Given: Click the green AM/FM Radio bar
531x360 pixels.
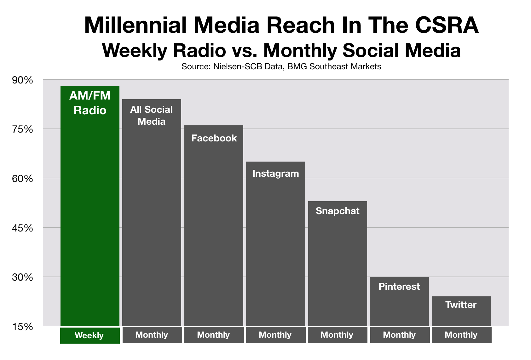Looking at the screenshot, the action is click(90, 206).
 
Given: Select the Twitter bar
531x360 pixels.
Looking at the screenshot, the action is click(461, 311).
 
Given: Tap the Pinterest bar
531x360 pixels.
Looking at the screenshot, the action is click(400, 301).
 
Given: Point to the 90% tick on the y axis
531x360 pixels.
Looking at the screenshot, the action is click(22, 80).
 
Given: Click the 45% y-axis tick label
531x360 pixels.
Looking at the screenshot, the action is click(22, 228).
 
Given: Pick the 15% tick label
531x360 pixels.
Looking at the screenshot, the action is click(22, 327).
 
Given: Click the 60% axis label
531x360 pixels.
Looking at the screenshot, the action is click(22, 179).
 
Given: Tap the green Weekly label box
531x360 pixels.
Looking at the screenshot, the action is click(90, 335).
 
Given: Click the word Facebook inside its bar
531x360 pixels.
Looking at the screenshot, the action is click(214, 138).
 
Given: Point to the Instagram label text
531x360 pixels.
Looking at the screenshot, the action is click(276, 174).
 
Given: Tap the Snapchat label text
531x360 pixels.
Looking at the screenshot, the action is click(338, 211).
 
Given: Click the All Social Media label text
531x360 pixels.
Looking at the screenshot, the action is click(152, 115).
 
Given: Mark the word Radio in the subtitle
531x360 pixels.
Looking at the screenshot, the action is click(199, 50).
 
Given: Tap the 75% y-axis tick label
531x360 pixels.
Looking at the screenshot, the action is click(22, 130).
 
